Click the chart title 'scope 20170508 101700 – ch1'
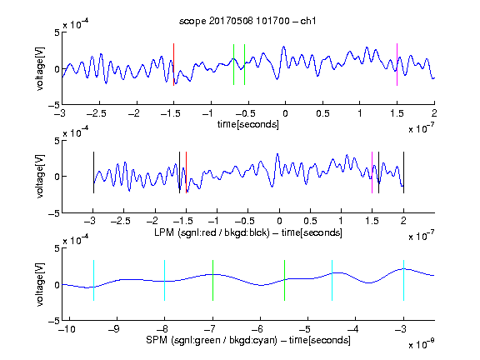[x=247, y=21]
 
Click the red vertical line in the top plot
[x=173, y=65]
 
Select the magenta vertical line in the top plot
[x=397, y=65]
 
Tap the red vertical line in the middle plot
[x=186, y=172]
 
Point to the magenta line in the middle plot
[x=372, y=172]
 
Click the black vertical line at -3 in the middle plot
[x=93, y=172]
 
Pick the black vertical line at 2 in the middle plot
[x=403, y=172]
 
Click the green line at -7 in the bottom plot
[x=212, y=280]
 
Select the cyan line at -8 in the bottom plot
[x=165, y=280]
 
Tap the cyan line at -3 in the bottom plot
[x=403, y=280]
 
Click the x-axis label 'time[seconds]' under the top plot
[x=248, y=124]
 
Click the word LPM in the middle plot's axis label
[x=164, y=232]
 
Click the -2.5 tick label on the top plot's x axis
[x=97, y=113]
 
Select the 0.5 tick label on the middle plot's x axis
[x=310, y=221]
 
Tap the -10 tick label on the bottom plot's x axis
[x=67, y=329]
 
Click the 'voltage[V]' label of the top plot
[x=40, y=68]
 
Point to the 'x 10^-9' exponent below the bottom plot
[x=421, y=344]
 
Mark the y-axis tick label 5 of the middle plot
[x=57, y=141]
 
